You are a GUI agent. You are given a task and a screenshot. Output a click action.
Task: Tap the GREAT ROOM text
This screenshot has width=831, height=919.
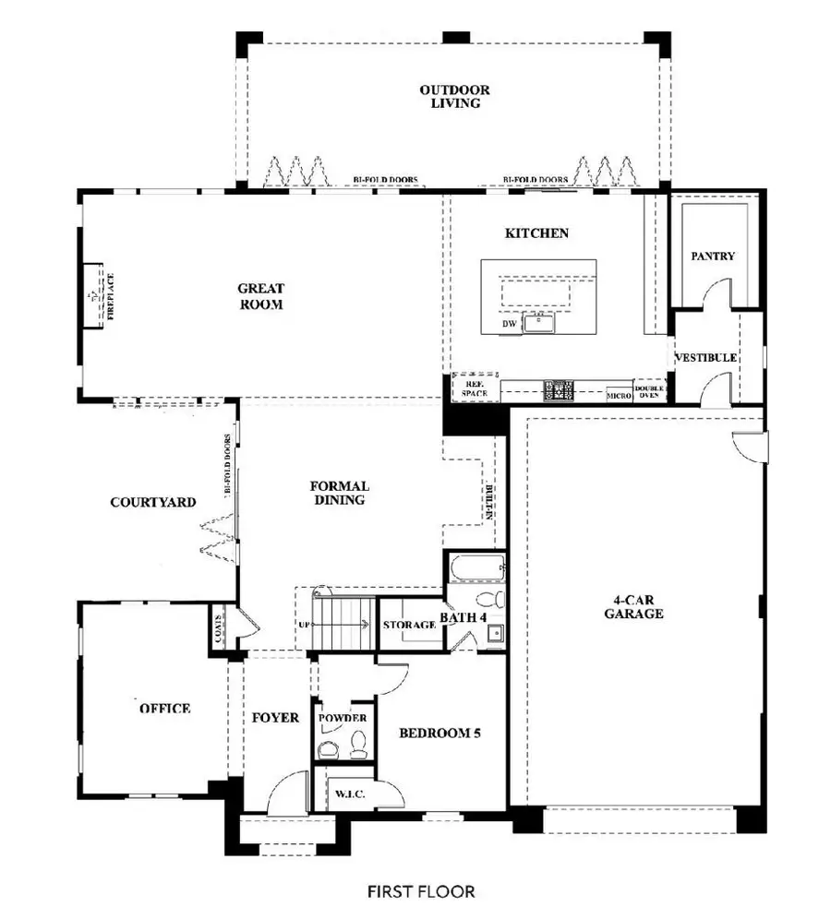click(259, 296)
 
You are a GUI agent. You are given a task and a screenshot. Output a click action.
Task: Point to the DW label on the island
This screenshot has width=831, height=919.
click(508, 325)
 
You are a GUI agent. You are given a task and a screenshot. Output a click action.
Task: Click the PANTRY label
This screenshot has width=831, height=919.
click(713, 256)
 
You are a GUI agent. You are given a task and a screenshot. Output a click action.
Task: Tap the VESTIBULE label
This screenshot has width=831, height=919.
click(705, 357)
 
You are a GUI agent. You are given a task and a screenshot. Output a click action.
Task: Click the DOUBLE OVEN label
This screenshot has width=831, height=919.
click(649, 392)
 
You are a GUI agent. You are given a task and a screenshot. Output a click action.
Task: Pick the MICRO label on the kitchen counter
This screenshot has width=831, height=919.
click(619, 395)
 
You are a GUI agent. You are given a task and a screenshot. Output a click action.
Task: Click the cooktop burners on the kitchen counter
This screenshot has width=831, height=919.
click(559, 390)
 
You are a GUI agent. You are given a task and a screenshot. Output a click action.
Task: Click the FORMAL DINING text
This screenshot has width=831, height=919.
click(338, 493)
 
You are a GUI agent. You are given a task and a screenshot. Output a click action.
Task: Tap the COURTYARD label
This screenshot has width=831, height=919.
click(153, 503)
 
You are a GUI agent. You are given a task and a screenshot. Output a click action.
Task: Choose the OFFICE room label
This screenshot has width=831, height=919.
click(165, 709)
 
